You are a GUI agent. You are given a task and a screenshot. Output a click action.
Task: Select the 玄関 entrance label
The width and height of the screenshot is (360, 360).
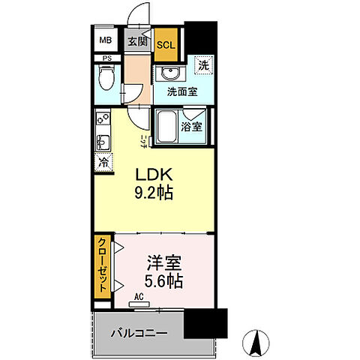(136, 42)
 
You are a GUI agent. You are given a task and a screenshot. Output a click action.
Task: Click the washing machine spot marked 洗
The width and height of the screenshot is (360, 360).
(202, 65)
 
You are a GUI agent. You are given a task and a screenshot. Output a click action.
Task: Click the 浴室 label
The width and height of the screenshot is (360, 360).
(192, 127)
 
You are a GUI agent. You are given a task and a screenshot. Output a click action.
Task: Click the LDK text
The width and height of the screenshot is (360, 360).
(153, 175)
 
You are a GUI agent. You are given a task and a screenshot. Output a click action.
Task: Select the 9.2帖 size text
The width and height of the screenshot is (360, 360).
(154, 193)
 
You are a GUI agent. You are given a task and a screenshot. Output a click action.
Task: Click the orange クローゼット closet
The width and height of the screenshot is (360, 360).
(100, 268)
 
